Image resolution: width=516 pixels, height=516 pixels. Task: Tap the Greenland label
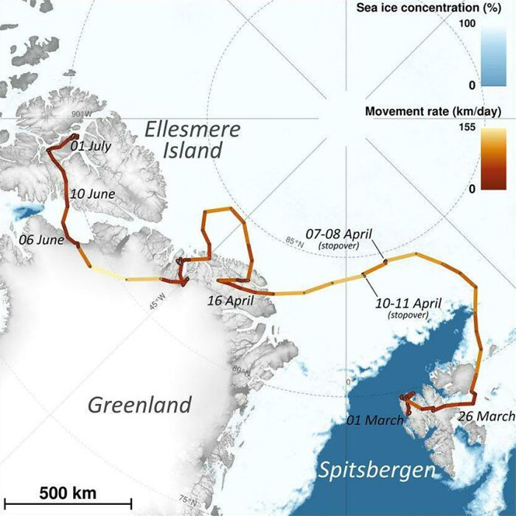(140, 404)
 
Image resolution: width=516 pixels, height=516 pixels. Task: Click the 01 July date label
(91, 146)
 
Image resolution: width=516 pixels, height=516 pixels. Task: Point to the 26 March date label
(486, 416)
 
